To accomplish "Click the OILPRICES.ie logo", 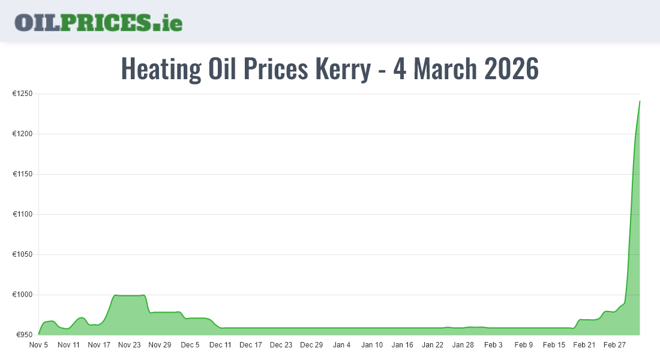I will (98, 22).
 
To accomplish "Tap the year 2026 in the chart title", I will (511, 69).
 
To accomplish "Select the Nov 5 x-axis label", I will (38, 345).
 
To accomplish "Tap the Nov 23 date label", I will (129, 345).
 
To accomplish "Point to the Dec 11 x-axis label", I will (220, 345).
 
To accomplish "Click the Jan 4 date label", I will (341, 345).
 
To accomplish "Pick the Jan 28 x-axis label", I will (463, 345).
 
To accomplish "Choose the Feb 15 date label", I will (554, 345).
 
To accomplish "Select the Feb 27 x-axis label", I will (614, 345).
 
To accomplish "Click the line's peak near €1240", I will (640, 101).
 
